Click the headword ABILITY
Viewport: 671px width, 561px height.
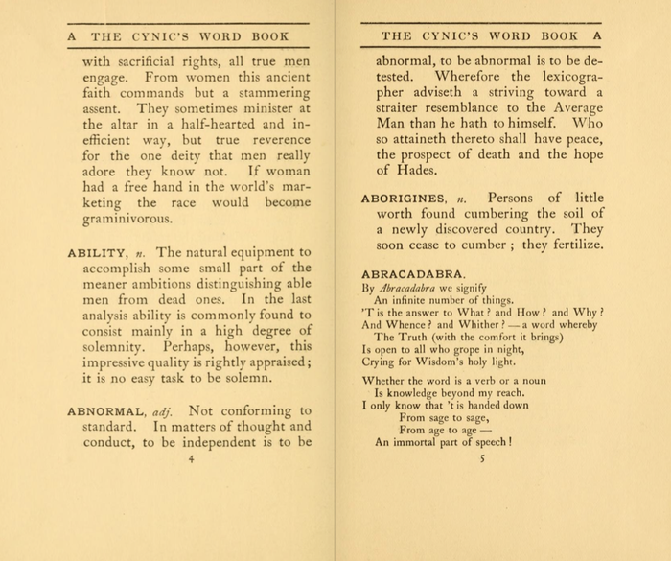click(93, 254)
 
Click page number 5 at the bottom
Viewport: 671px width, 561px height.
click(482, 459)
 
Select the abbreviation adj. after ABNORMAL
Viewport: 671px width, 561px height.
click(164, 411)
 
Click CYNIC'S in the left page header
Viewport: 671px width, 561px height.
click(163, 37)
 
